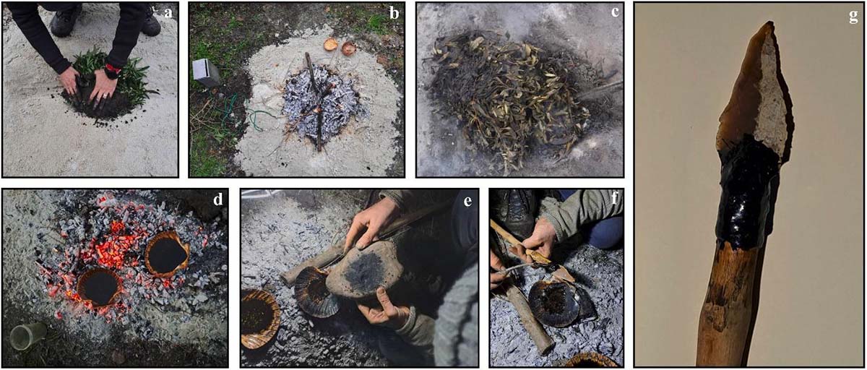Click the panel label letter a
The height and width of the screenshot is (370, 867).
coord(168,13)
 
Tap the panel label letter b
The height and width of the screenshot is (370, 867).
coord(394,13)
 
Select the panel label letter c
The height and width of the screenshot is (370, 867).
coord(615,12)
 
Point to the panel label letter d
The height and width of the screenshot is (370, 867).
coord(218,199)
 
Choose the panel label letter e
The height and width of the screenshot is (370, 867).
coord(468,201)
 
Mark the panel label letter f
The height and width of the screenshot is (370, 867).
coord(615,199)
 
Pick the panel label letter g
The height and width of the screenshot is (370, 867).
coord(853,17)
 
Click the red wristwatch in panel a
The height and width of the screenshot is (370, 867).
coord(113,70)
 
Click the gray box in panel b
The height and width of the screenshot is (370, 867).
coord(207,72)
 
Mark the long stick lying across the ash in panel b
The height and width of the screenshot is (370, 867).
coord(314,101)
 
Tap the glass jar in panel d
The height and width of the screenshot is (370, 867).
coord(28,335)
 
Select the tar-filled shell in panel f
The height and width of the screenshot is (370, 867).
coord(553,304)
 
